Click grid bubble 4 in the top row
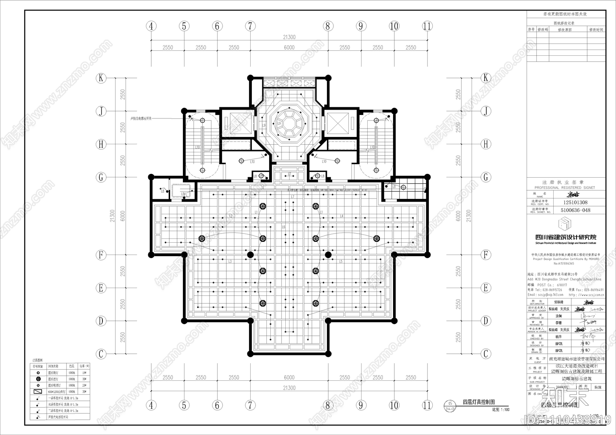151,26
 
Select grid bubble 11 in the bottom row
427,405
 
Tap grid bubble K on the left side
101,78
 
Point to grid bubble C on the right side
486,354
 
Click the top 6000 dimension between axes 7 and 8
289,48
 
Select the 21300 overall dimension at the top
289,37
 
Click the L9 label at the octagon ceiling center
264,125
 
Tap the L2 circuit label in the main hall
231,216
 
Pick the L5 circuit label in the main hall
341,262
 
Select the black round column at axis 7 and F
250,254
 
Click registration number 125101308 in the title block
575,202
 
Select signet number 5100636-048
575,210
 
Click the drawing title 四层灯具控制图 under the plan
479,402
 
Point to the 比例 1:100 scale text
500,409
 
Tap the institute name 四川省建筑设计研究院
566,237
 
